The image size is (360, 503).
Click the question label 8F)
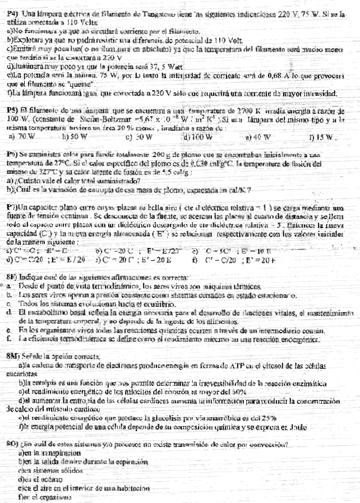13,276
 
